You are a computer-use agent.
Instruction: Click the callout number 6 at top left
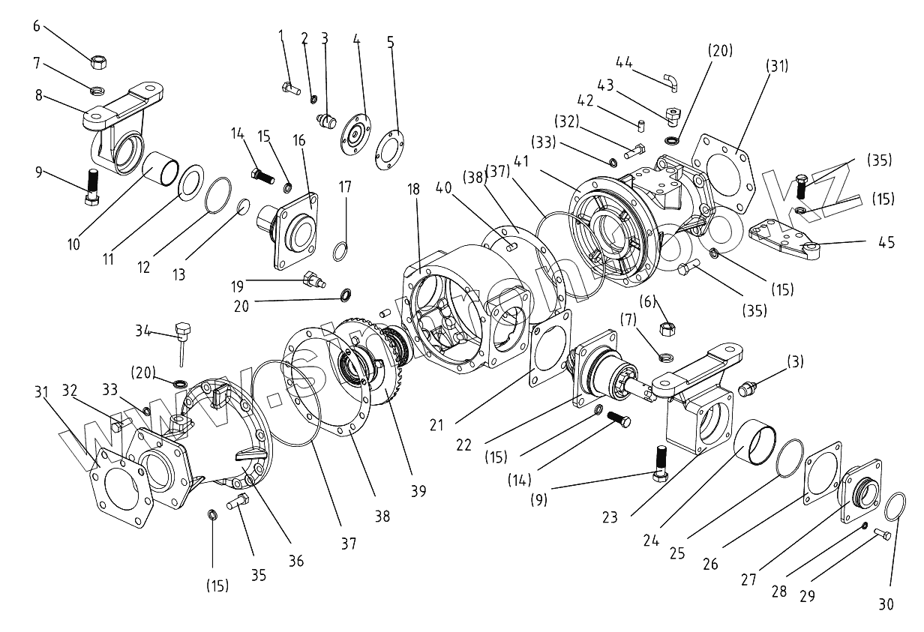click(x=37, y=25)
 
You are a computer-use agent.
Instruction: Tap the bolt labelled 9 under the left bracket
click(x=92, y=187)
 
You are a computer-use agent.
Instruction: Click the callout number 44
click(x=624, y=61)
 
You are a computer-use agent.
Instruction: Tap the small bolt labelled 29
click(x=882, y=535)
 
